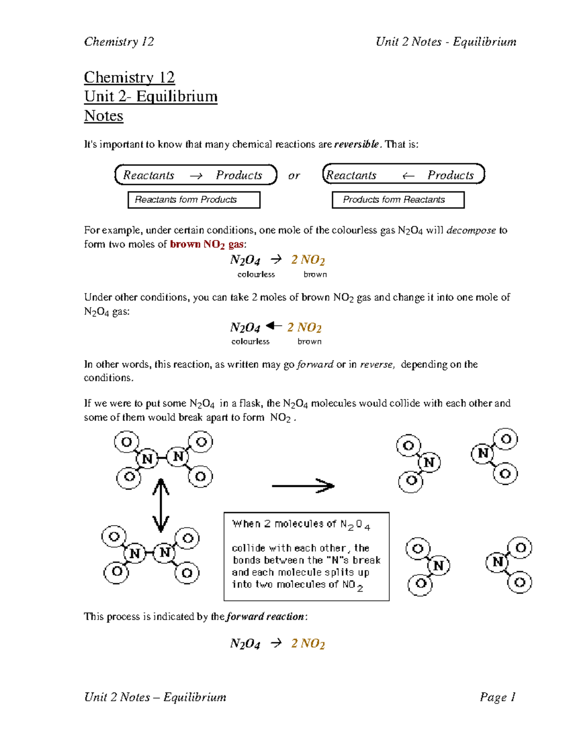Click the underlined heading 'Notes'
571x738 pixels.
click(x=103, y=116)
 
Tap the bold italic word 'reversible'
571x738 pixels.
click(x=357, y=144)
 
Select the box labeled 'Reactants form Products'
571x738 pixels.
click(x=194, y=200)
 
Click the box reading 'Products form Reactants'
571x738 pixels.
click(x=397, y=200)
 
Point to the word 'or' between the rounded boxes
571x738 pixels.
click(x=294, y=175)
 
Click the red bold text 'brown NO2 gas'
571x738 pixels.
click(x=207, y=244)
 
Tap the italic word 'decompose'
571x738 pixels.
click(x=471, y=230)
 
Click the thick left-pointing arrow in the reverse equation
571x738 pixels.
click(x=274, y=326)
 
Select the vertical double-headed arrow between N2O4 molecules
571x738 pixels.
click(x=161, y=505)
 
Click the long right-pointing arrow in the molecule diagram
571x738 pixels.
click(x=303, y=486)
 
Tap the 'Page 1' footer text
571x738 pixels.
click(x=497, y=697)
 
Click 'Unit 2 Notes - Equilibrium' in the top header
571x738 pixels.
click(x=445, y=42)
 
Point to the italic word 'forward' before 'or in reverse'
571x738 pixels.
click(x=315, y=364)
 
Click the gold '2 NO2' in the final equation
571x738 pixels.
click(x=308, y=643)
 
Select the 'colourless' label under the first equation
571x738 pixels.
click(x=256, y=275)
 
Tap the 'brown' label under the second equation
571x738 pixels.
click(x=309, y=342)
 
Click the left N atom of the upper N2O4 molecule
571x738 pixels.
click(x=147, y=459)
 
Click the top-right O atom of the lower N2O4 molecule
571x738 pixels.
click(x=187, y=538)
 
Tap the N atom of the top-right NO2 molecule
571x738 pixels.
click(x=482, y=453)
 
